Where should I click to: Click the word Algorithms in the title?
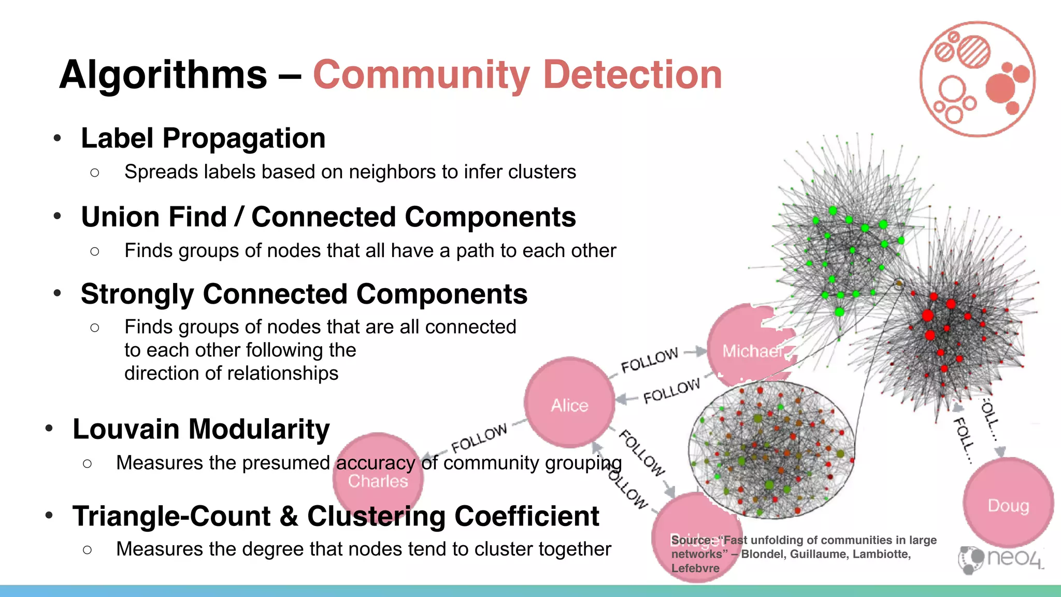(x=163, y=75)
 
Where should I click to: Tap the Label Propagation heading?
(x=203, y=138)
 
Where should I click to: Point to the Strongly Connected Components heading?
(x=304, y=294)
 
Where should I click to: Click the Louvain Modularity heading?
(x=201, y=429)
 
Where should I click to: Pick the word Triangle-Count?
(x=171, y=516)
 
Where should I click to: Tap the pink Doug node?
(x=1008, y=503)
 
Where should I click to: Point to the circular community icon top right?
(x=977, y=79)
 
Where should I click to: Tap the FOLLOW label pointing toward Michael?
(x=650, y=360)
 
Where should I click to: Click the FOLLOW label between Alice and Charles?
(x=479, y=438)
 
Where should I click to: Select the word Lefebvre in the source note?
(x=695, y=568)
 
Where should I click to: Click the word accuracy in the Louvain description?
(x=376, y=463)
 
